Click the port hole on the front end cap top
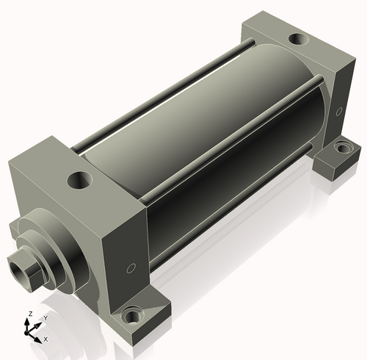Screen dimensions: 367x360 coord(80,180)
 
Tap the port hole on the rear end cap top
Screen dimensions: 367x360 coord(299,39)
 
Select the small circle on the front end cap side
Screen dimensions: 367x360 coord(131,268)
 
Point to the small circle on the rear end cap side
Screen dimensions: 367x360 coord(339,112)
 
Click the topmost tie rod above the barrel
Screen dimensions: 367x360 coord(164,95)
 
